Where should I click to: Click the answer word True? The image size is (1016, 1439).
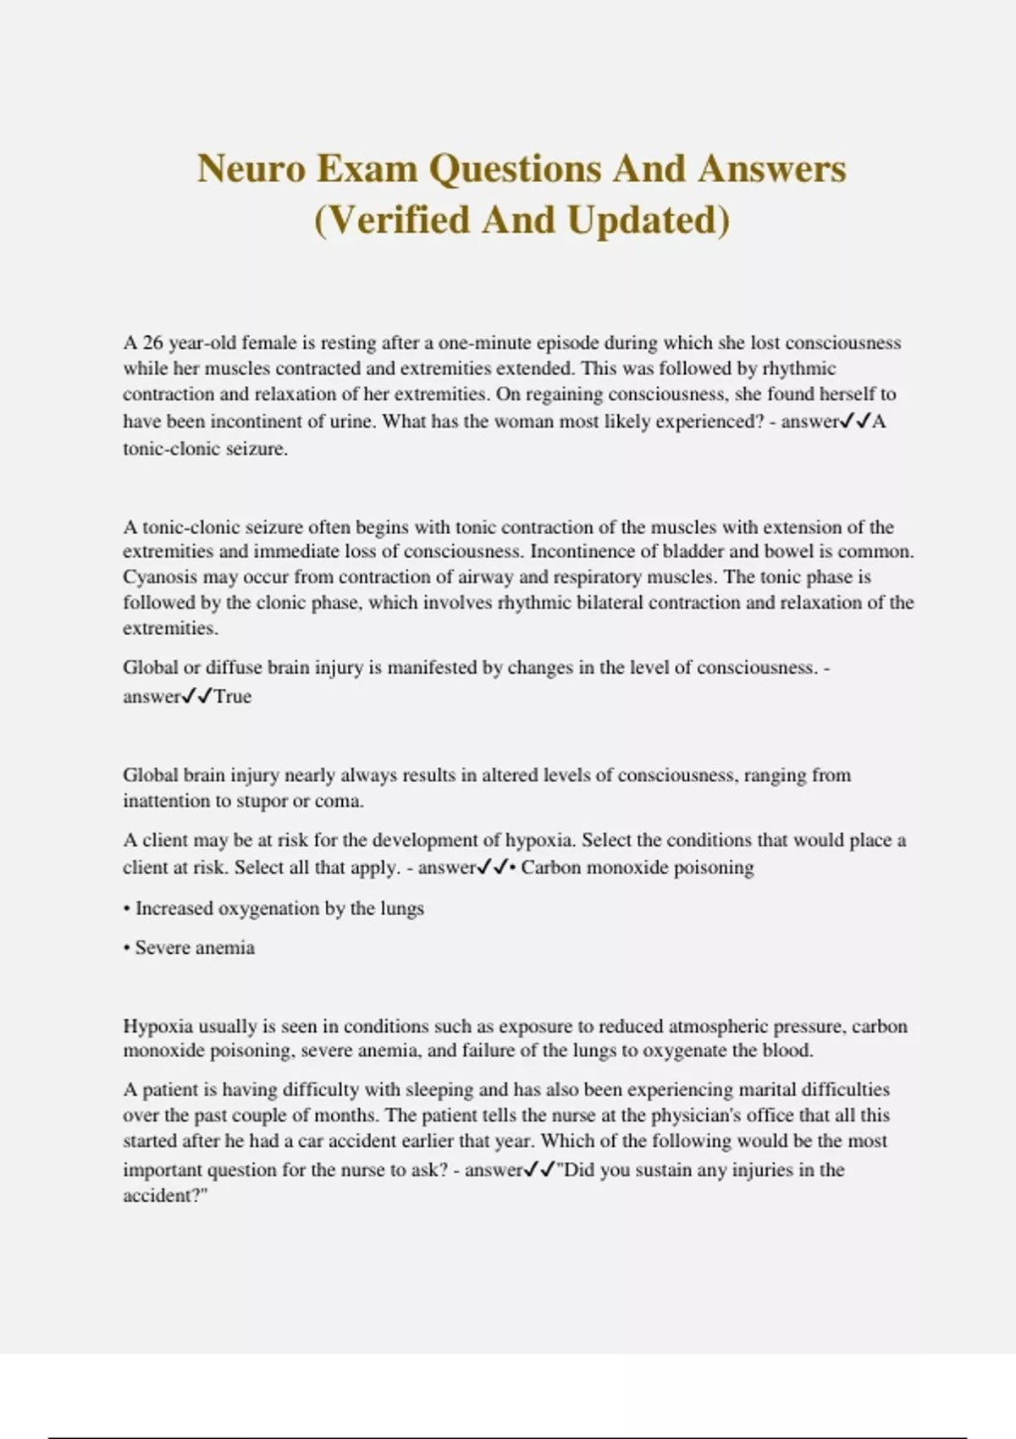coord(233,697)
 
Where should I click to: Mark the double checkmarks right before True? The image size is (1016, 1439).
coord(197,697)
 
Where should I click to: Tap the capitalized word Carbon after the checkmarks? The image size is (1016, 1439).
coord(550,868)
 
